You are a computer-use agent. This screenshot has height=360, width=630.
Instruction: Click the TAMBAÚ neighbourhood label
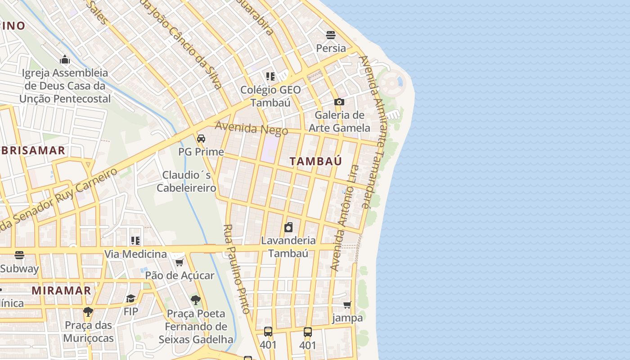pyautogui.click(x=316, y=161)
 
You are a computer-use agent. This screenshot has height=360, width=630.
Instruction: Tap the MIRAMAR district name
pyautogui.click(x=61, y=291)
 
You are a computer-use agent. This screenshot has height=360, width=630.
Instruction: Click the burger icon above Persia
pyautogui.click(x=331, y=35)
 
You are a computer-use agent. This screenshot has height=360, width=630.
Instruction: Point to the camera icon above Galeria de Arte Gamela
pyautogui.click(x=339, y=102)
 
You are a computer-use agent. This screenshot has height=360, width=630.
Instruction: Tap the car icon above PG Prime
pyautogui.click(x=201, y=138)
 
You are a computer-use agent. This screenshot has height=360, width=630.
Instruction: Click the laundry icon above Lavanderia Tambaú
pyautogui.click(x=288, y=227)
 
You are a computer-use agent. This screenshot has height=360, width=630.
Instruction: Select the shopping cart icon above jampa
pyautogui.click(x=347, y=305)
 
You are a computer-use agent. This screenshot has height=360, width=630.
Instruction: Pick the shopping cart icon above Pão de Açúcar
pyautogui.click(x=179, y=262)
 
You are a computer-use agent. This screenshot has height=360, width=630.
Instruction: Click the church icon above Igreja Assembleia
pyautogui.click(x=65, y=59)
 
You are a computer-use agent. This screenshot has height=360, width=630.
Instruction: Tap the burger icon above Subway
pyautogui.click(x=19, y=255)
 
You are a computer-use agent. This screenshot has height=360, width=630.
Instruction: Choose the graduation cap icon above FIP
pyautogui.click(x=130, y=298)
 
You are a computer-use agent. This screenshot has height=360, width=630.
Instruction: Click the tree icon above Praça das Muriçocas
pyautogui.click(x=88, y=311)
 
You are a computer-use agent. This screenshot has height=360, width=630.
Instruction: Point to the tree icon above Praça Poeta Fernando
pyautogui.click(x=195, y=300)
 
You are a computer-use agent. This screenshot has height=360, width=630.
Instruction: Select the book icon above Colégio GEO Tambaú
pyautogui.click(x=270, y=76)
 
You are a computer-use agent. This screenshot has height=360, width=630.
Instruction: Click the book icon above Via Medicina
pyautogui.click(x=135, y=241)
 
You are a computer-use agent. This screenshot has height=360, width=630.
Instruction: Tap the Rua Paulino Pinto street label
pyautogui.click(x=237, y=269)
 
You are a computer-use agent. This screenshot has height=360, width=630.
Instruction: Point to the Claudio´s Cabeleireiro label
pyautogui.click(x=186, y=181)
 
